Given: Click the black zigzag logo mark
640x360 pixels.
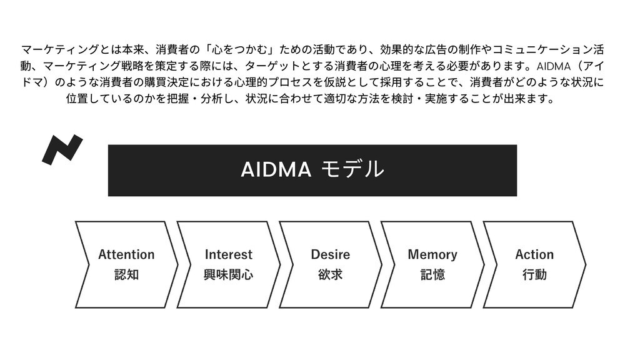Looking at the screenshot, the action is (62, 149).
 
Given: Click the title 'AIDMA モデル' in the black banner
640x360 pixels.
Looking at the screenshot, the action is (312, 169).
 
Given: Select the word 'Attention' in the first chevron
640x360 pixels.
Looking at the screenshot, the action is (126, 254).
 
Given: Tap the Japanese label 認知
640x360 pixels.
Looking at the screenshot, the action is (126, 274).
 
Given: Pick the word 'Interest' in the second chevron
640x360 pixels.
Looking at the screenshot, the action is (229, 254).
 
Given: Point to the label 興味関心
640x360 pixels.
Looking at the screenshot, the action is (229, 274).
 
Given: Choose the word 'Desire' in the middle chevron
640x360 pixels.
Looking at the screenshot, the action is (330, 254).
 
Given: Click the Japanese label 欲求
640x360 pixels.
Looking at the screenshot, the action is (330, 274).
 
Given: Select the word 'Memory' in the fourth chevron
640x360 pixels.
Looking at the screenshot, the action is (432, 254).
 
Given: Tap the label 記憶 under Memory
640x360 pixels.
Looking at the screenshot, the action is (432, 274).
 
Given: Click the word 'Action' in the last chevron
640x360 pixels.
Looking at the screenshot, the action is (534, 254).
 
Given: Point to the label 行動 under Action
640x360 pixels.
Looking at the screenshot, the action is (534, 274).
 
